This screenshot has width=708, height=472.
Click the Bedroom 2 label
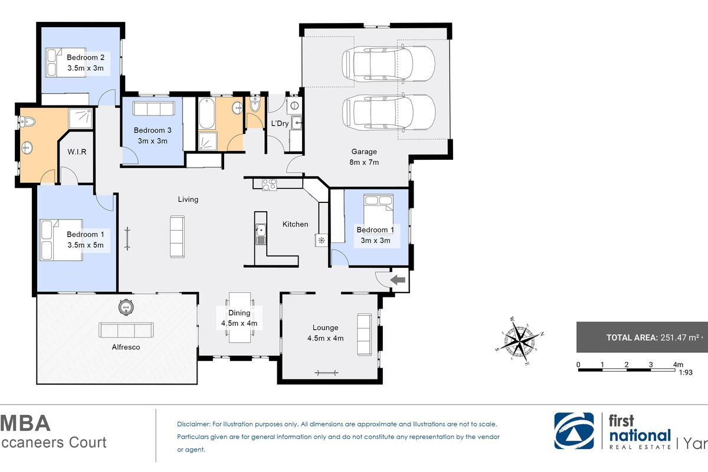point(86,57)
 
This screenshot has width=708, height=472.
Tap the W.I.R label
point(77,152)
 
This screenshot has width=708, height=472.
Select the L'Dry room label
point(279,123)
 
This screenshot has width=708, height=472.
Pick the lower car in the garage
point(389,113)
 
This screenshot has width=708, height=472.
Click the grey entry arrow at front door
point(399,280)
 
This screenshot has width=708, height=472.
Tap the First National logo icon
point(572,431)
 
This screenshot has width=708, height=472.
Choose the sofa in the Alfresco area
point(126,330)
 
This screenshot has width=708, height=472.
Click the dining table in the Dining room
point(240,317)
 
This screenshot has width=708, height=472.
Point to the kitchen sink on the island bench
point(260,234)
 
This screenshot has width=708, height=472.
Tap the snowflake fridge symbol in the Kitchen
point(322,240)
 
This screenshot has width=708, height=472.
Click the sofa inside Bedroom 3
point(153,109)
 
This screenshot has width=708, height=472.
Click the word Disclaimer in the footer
point(193,424)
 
